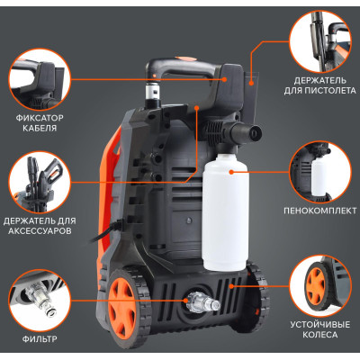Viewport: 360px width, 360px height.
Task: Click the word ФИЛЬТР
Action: [x=40, y=339]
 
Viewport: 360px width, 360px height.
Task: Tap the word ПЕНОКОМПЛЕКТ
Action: [x=320, y=211]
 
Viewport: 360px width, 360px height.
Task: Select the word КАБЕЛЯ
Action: [x=40, y=129]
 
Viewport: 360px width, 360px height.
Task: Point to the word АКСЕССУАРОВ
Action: [x=40, y=231]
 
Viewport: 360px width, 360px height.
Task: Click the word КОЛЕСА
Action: [x=320, y=335]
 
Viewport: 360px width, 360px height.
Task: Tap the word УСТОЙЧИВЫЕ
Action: [x=320, y=325]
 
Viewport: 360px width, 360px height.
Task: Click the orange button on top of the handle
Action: [x=183, y=58]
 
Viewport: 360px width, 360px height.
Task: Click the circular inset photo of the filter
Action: [x=40, y=300]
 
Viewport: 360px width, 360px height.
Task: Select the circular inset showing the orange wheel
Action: [x=320, y=285]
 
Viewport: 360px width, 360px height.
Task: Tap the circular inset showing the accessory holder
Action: [x=40, y=183]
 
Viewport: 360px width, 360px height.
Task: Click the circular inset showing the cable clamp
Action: [x=40, y=80]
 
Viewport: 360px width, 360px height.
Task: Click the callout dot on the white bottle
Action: [x=231, y=172]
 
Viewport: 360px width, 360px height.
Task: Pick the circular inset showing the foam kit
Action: [x=320, y=172]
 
